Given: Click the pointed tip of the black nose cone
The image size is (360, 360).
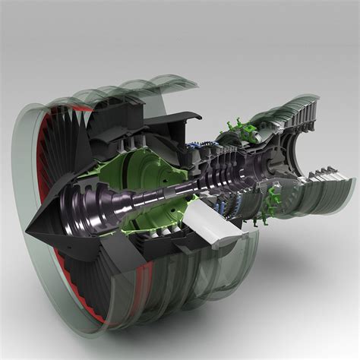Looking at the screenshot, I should point(27,229).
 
